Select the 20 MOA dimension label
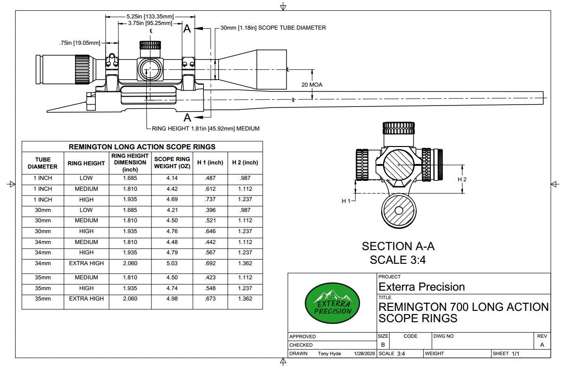coord(312,85)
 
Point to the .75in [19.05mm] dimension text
coord(80,43)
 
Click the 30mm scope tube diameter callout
coord(273,28)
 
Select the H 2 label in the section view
coord(462,179)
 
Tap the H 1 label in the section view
coord(346,201)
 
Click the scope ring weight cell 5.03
coord(172,263)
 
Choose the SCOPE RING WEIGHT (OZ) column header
coord(172,163)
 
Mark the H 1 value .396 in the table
coord(210,210)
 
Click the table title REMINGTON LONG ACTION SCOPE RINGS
coord(142,146)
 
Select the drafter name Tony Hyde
coord(329,353)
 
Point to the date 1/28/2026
coord(363,353)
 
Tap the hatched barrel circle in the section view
coord(399,211)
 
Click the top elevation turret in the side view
coord(151,46)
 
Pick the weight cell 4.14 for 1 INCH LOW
coord(172,178)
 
